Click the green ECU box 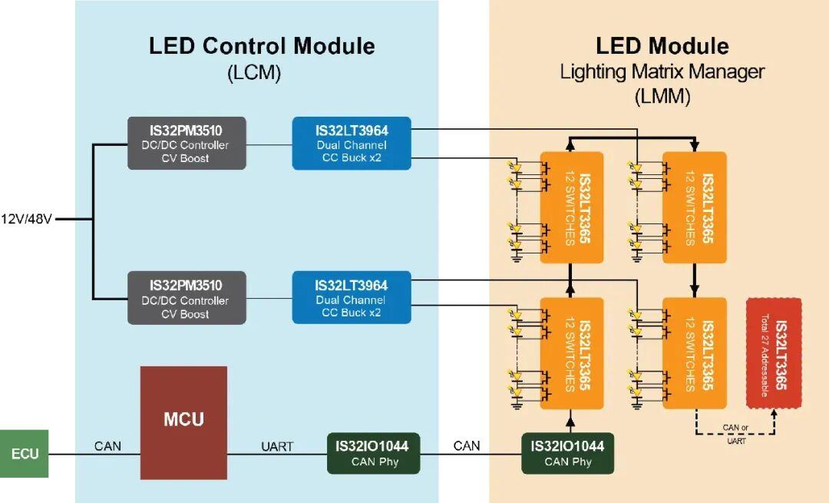24,454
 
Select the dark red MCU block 183,422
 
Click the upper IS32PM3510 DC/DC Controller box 187,143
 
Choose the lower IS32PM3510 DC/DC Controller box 187,297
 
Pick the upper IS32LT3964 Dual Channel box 352,143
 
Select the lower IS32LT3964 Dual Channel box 352,297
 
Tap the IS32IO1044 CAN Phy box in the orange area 567,453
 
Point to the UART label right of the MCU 276,446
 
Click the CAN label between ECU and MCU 107,446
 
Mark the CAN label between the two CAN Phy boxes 467,446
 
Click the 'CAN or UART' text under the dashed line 735,434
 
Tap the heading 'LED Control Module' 262,46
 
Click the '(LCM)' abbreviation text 254,74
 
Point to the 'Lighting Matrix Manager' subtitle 662,72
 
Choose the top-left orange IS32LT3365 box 572,208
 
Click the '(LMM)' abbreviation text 662,97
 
